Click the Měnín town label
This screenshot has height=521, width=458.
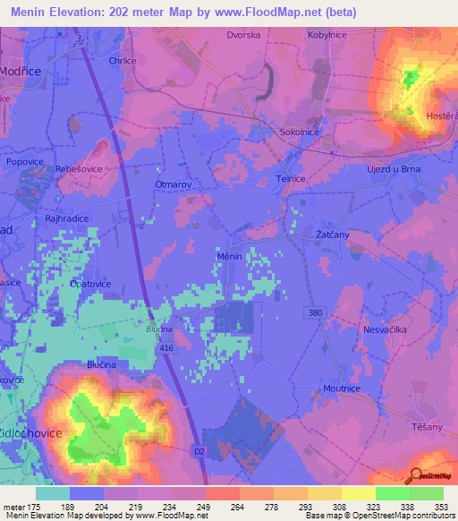(x=230, y=255)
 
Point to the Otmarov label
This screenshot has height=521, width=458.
(x=174, y=183)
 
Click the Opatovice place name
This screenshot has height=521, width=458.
(x=90, y=283)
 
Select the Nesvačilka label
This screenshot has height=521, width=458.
(x=386, y=329)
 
